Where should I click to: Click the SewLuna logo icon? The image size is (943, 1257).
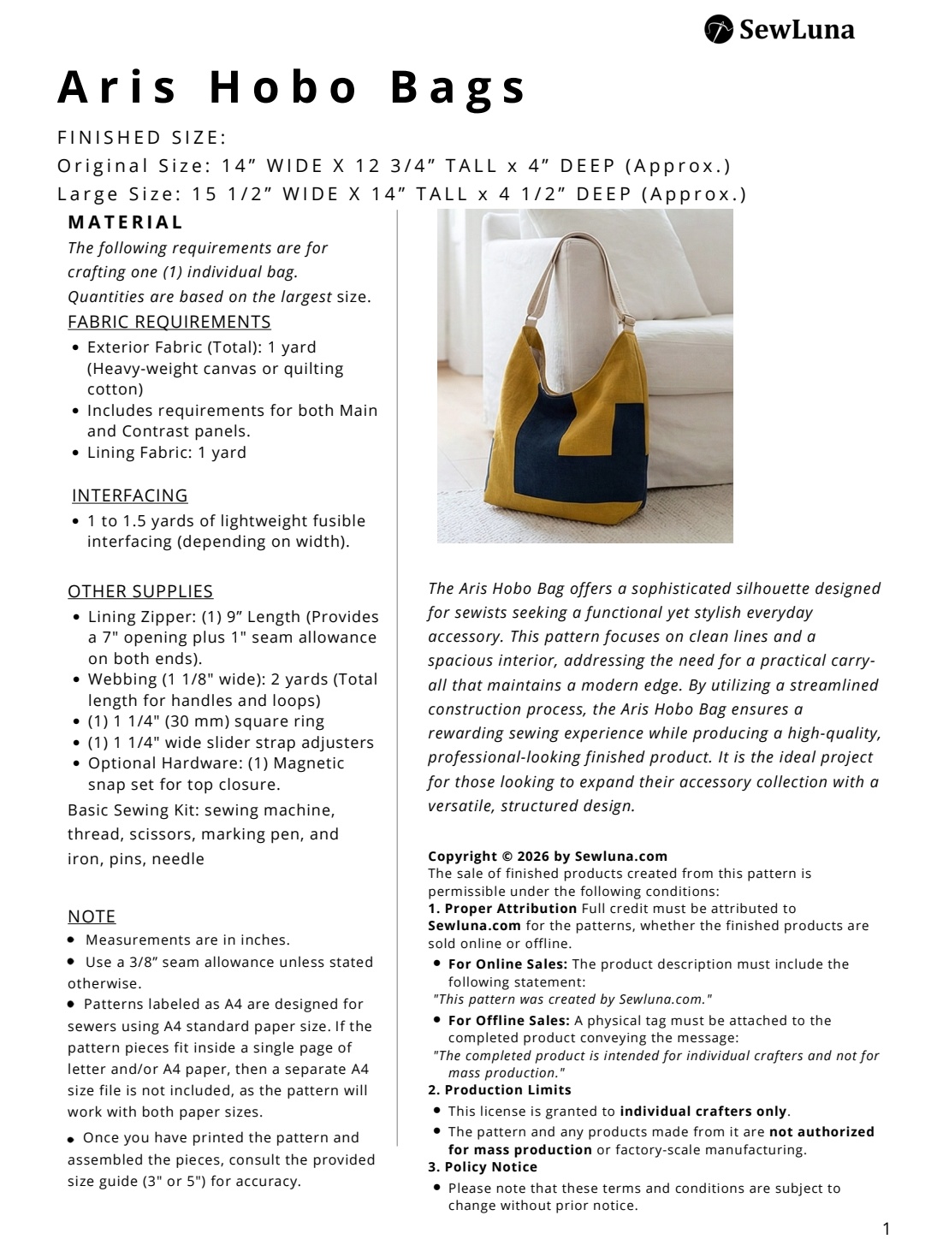click(719, 29)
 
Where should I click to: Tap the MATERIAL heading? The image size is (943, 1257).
click(126, 222)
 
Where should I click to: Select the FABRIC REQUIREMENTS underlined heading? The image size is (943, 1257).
click(169, 322)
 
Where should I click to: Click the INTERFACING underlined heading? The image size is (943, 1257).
click(130, 495)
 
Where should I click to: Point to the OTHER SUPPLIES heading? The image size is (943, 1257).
click(140, 591)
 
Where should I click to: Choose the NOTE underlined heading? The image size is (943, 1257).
click(92, 916)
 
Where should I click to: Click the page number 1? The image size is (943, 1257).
click(886, 1230)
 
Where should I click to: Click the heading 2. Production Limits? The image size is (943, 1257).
click(500, 1090)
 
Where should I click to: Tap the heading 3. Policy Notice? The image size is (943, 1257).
click(483, 1167)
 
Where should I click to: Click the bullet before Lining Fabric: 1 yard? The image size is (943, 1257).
click(77, 454)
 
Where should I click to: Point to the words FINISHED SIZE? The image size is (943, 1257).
click(142, 138)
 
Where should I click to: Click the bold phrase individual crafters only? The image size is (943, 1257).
click(703, 1112)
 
